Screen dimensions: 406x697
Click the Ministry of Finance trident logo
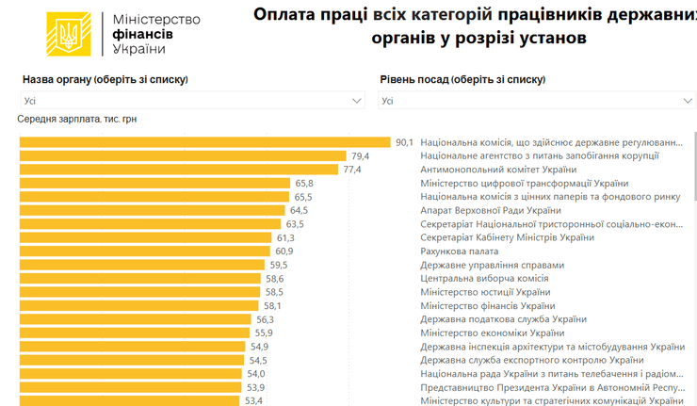(69, 35)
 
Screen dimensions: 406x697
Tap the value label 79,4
(360, 156)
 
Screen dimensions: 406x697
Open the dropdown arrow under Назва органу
(357, 101)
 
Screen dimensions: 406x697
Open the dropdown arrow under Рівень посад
(689, 101)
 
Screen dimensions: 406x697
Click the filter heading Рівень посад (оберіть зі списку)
(462, 80)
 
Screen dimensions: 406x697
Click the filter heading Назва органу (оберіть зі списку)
(105, 80)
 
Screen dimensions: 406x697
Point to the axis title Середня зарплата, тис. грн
(76, 120)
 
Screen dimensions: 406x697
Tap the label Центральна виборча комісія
(484, 279)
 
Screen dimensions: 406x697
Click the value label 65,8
(304, 184)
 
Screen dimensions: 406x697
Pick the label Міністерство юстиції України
(485, 292)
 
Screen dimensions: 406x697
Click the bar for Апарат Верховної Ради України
(152, 210)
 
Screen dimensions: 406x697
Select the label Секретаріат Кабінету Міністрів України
(507, 238)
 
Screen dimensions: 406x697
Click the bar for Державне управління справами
(141, 265)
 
